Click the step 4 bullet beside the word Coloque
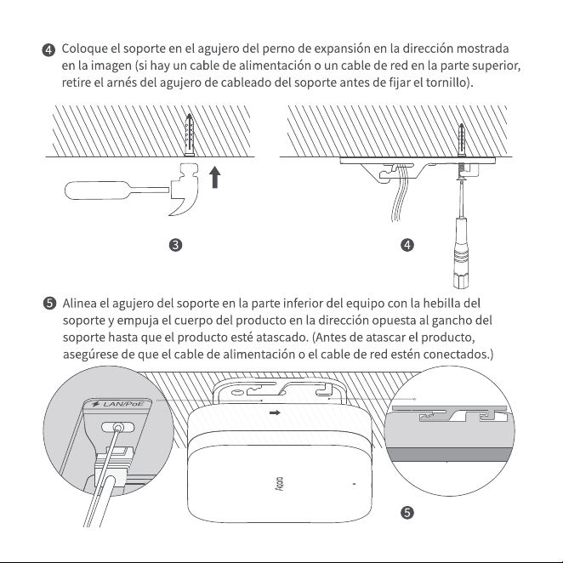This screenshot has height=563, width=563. [x=48, y=50]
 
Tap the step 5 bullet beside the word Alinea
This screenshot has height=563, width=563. [x=49, y=304]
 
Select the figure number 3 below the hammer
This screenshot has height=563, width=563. [x=175, y=245]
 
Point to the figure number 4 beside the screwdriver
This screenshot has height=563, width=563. [x=407, y=245]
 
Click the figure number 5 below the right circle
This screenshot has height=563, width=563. [x=407, y=512]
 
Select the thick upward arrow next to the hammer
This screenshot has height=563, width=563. [x=214, y=177]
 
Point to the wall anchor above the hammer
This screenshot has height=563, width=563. [x=189, y=135]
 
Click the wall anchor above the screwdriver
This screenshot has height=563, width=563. [x=462, y=140]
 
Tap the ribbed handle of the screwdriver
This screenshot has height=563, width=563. [x=461, y=252]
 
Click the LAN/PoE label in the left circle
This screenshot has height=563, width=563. [x=118, y=404]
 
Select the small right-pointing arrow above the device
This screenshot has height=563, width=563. [x=275, y=412]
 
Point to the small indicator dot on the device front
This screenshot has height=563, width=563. [x=355, y=484]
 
